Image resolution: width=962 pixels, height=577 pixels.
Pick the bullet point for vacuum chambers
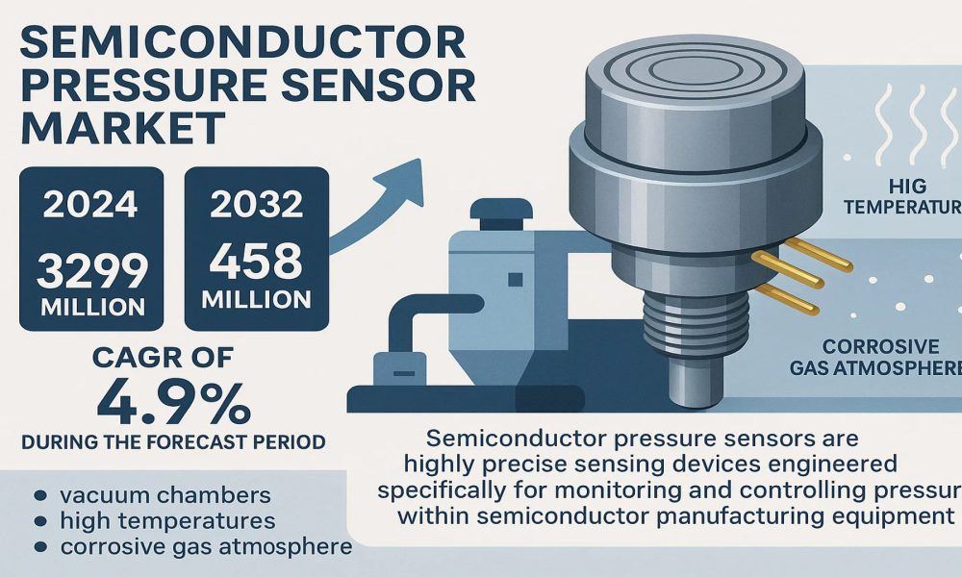point(38,497)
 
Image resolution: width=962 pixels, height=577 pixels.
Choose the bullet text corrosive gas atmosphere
point(205,547)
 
